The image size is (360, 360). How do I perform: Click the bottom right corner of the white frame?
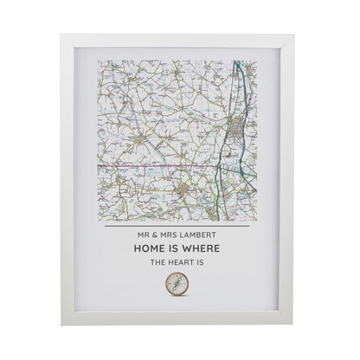(293, 325)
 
